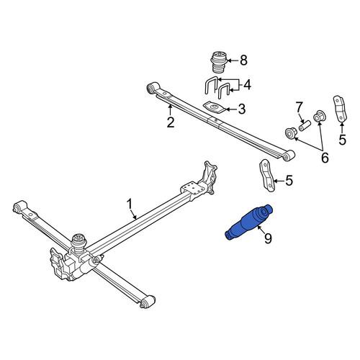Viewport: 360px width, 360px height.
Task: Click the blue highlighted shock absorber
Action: pos(249,222)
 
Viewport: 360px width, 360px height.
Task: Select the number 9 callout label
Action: pos(268,238)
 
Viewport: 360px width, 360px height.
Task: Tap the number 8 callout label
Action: pos(243,60)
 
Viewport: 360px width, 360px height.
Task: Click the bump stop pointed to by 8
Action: pos(218,62)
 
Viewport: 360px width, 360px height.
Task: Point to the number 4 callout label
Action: pos(247,85)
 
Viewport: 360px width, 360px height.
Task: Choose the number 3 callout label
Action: pos(241,109)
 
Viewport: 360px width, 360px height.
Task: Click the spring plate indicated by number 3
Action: pos(215,107)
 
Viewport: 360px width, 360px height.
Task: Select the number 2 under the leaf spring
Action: pos(171,122)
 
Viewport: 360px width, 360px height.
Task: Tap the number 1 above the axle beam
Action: pos(130,204)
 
